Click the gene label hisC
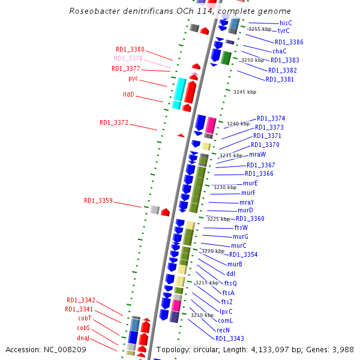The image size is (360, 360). point(286,23)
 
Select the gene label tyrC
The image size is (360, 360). point(284,31)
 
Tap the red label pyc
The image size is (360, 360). point(133,79)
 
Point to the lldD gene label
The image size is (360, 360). point(129,95)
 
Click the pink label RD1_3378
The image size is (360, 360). point(128,58)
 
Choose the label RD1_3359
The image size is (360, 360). point(98,200)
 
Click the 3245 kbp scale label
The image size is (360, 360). point(245,92)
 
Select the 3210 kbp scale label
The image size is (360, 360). point(202,314)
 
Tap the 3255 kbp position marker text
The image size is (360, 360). point(260,29)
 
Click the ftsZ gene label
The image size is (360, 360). point(227,301)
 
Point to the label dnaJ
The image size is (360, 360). point(83,338)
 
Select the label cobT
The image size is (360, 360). point(84,318)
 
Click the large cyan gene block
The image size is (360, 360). point(178,93)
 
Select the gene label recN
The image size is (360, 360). point(223,329)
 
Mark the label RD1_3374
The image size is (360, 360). point(271,118)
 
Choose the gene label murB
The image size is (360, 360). point(235,264)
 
